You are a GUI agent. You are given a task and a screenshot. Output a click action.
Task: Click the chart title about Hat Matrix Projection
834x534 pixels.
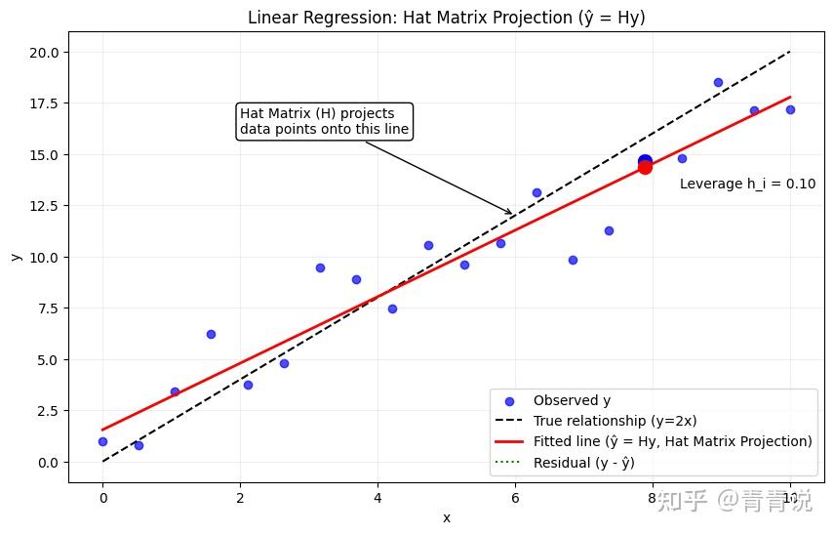click(x=446, y=18)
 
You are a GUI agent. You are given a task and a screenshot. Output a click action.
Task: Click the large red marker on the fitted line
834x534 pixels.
click(x=645, y=167)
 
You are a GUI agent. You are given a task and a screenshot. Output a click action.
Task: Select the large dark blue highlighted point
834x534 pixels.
click(x=645, y=161)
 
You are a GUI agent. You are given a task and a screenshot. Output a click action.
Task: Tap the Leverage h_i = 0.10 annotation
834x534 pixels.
click(x=747, y=184)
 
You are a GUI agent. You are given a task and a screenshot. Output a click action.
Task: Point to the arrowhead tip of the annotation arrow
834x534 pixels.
click(x=513, y=214)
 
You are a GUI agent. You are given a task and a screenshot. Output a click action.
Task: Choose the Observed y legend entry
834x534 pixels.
click(x=579, y=400)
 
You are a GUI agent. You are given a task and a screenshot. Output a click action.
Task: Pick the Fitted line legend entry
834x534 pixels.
click(x=672, y=441)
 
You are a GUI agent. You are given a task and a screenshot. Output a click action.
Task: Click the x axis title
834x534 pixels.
click(x=446, y=517)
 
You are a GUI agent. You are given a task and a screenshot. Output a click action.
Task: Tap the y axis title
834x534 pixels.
click(x=16, y=256)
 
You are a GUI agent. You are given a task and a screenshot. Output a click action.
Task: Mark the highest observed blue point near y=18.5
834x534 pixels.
click(x=718, y=82)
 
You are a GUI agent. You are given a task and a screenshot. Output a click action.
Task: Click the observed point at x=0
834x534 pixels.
click(x=102, y=441)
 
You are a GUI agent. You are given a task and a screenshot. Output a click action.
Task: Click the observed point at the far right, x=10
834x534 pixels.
click(x=790, y=109)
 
